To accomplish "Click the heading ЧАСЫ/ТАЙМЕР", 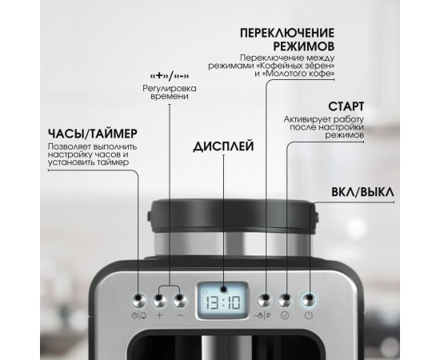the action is tap(93, 134).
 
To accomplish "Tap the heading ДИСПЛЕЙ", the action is tap(224, 146).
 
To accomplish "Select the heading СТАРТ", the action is tap(346, 106).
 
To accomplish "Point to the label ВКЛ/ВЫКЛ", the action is tap(362, 192).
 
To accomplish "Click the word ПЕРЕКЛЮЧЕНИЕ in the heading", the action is tap(287, 33).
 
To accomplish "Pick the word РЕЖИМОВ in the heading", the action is tap(304, 46).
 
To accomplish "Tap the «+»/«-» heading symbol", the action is tap(170, 76).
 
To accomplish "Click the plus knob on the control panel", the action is tap(160, 300).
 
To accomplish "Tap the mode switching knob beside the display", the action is tap(265, 300).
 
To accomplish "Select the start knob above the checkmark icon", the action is tap(286, 300).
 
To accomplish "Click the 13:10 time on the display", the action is tap(223, 302).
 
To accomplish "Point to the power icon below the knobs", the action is tap(308, 315).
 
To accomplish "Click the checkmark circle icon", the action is tap(285, 315).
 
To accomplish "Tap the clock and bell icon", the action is tap(139, 315).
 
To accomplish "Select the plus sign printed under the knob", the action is tap(160, 315).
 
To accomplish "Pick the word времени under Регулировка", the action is tap(170, 97).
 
